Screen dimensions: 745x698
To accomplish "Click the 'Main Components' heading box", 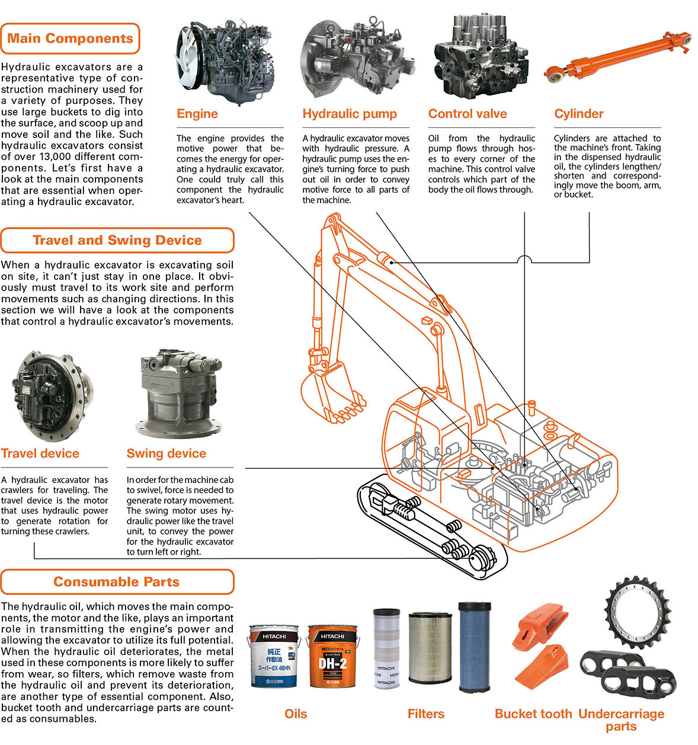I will [70, 39].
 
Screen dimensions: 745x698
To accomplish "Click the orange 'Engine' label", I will [197, 114].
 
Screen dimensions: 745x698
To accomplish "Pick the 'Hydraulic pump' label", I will [350, 114].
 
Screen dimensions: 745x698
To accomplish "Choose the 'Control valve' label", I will [468, 114].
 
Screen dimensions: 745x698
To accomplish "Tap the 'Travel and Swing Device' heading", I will [117, 241].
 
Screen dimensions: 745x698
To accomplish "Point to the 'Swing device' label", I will [167, 453].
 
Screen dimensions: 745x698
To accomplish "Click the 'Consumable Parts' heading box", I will [117, 582].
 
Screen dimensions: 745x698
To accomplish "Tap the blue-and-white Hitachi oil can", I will [273, 656].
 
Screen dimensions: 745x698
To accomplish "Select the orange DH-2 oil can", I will [333, 656].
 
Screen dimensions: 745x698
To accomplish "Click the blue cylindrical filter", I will [475, 647].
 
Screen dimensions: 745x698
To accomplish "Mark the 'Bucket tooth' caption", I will [533, 714].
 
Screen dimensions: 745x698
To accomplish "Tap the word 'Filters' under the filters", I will [425, 714].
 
